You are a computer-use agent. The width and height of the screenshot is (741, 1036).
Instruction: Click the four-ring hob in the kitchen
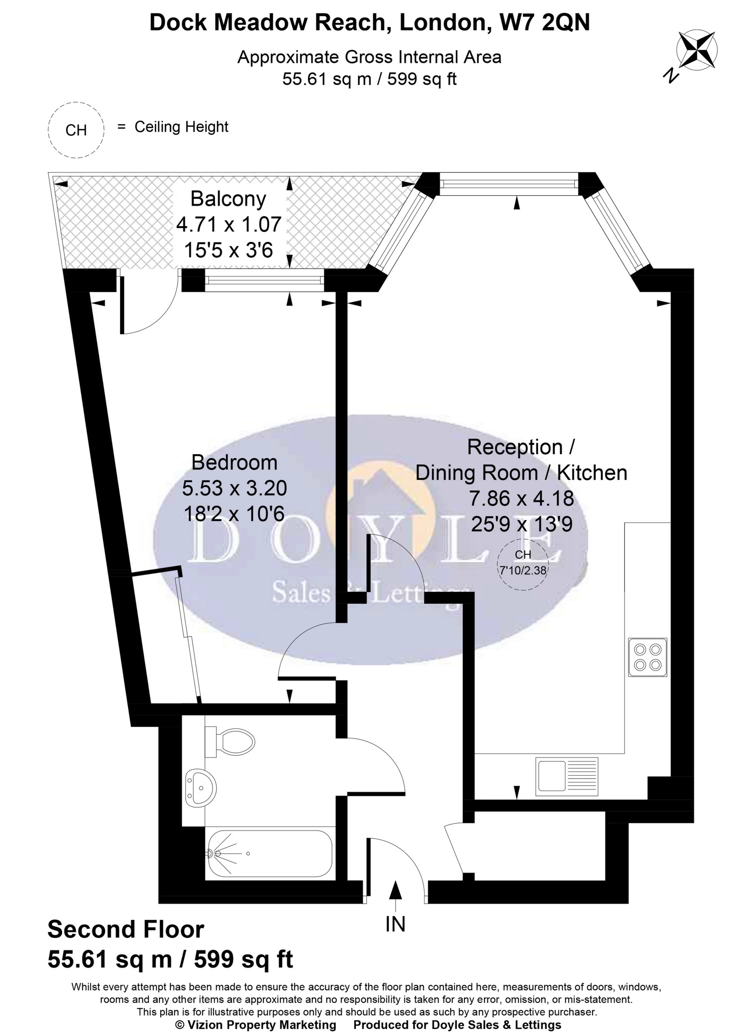click(x=648, y=657)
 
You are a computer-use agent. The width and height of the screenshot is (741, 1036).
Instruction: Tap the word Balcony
click(x=228, y=199)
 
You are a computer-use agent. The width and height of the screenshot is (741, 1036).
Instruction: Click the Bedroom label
click(x=235, y=462)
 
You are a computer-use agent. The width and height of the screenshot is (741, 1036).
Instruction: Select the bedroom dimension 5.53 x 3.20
click(x=235, y=488)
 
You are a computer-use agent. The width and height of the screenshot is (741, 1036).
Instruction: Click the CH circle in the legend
click(x=76, y=130)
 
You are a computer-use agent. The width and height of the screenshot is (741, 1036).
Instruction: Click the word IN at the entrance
click(x=395, y=925)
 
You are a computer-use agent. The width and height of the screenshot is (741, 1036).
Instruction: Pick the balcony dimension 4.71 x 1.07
click(x=228, y=225)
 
